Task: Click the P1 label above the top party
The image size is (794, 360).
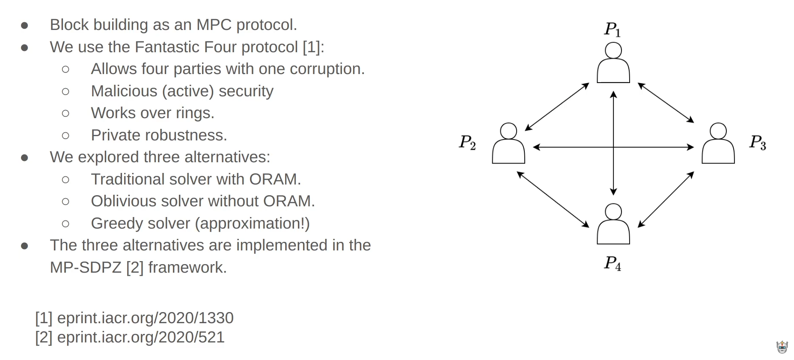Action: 612,29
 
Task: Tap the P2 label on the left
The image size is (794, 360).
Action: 467,142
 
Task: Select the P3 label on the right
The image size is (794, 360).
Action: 757,142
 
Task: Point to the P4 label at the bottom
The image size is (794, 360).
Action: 612,263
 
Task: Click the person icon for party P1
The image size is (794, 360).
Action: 613,63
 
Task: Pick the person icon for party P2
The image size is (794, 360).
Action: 509,143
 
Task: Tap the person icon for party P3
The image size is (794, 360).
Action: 718,143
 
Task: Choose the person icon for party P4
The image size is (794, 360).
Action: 613,224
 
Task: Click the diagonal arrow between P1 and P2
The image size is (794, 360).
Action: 557,107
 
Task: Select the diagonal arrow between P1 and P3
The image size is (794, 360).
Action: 666,103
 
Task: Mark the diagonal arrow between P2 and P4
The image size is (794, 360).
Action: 553,199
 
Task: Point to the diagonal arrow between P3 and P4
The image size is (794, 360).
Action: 666,199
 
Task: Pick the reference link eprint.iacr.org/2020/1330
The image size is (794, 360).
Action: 145,318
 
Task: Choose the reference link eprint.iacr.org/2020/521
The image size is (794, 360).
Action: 140,337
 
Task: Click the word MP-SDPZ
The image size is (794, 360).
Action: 86,268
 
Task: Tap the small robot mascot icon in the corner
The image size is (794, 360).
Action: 782,347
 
